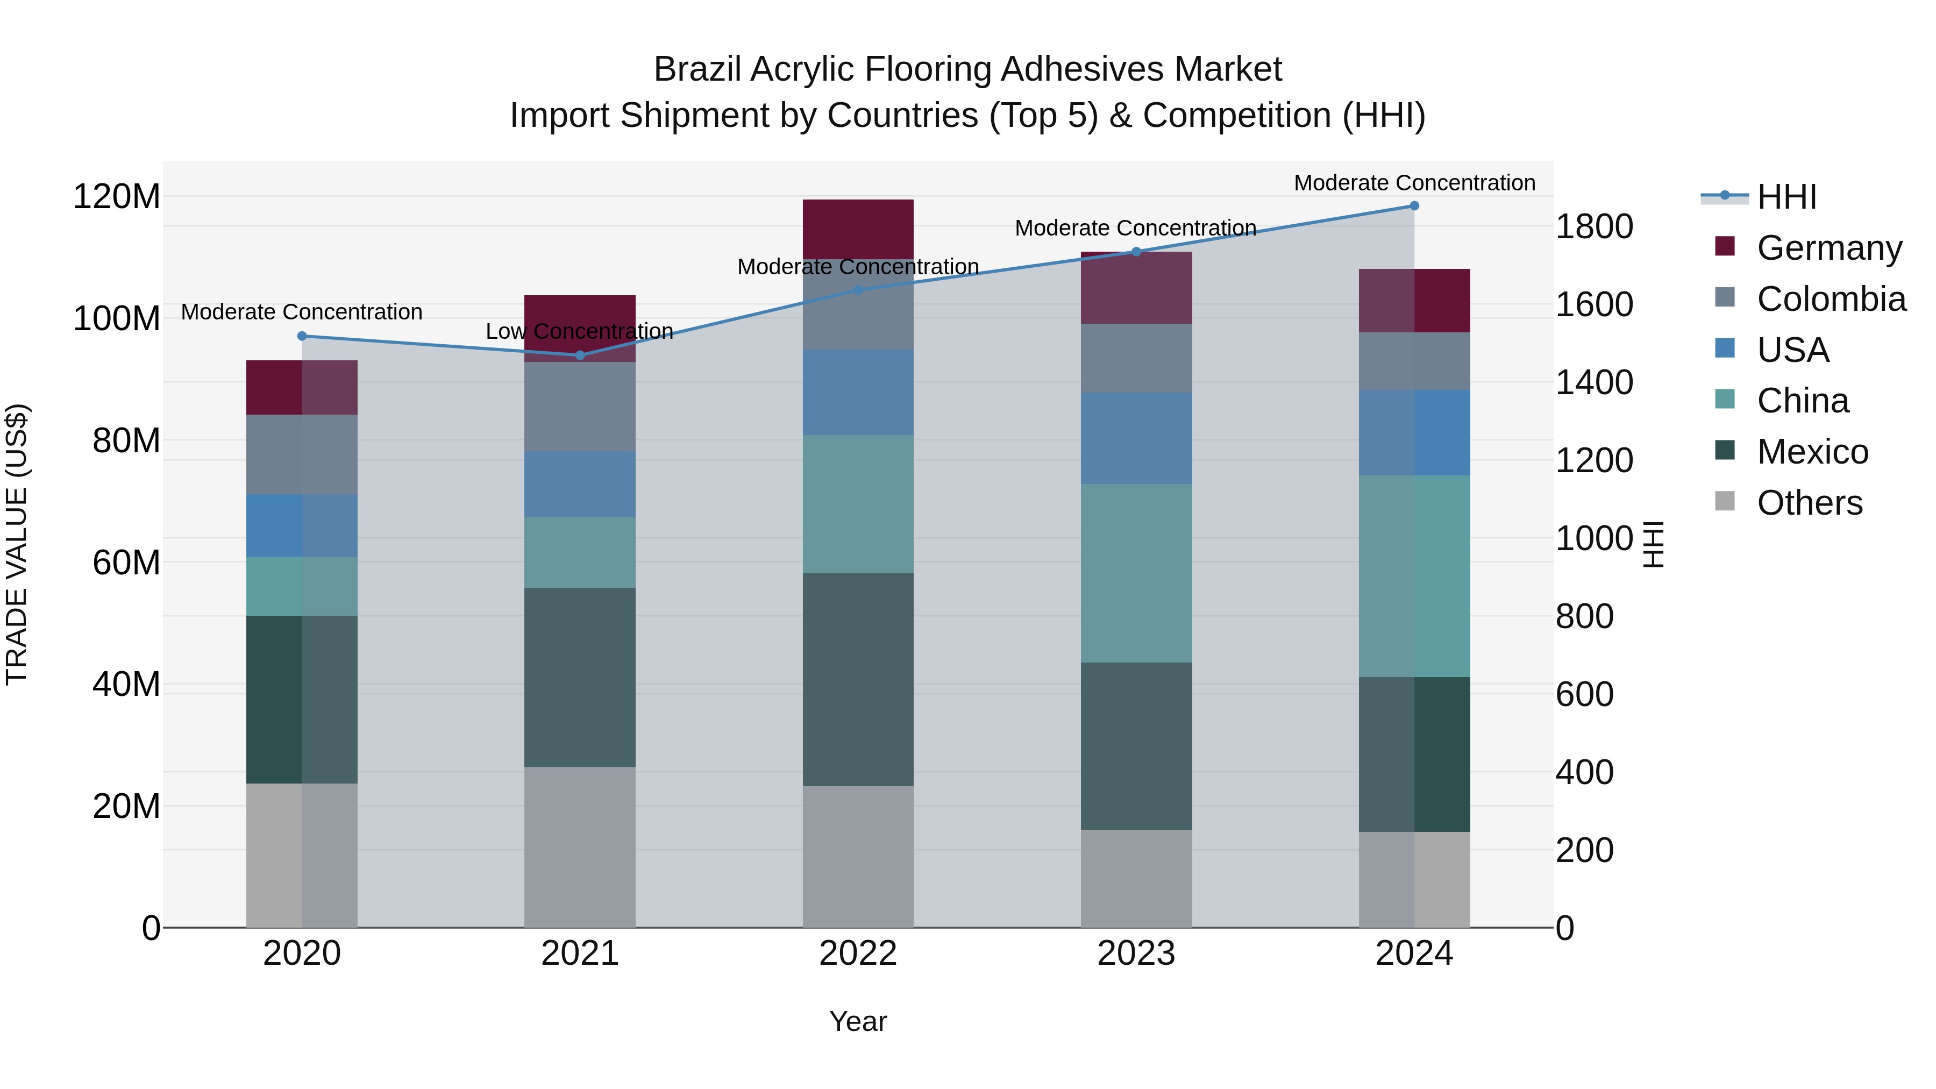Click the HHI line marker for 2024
click(x=1414, y=206)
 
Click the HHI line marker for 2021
click(x=579, y=355)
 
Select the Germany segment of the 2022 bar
click(x=858, y=229)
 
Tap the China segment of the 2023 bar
click(x=1136, y=573)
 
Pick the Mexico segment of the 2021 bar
click(x=579, y=677)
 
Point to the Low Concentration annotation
click(x=579, y=331)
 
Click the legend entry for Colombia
click(x=1831, y=299)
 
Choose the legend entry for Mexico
click(x=1812, y=452)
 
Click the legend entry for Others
click(x=1809, y=503)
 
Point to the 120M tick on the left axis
click(x=117, y=197)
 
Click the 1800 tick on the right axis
click(x=1594, y=226)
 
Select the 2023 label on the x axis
click(x=1136, y=953)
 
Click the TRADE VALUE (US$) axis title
click(x=17, y=544)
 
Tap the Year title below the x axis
click(x=858, y=1021)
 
